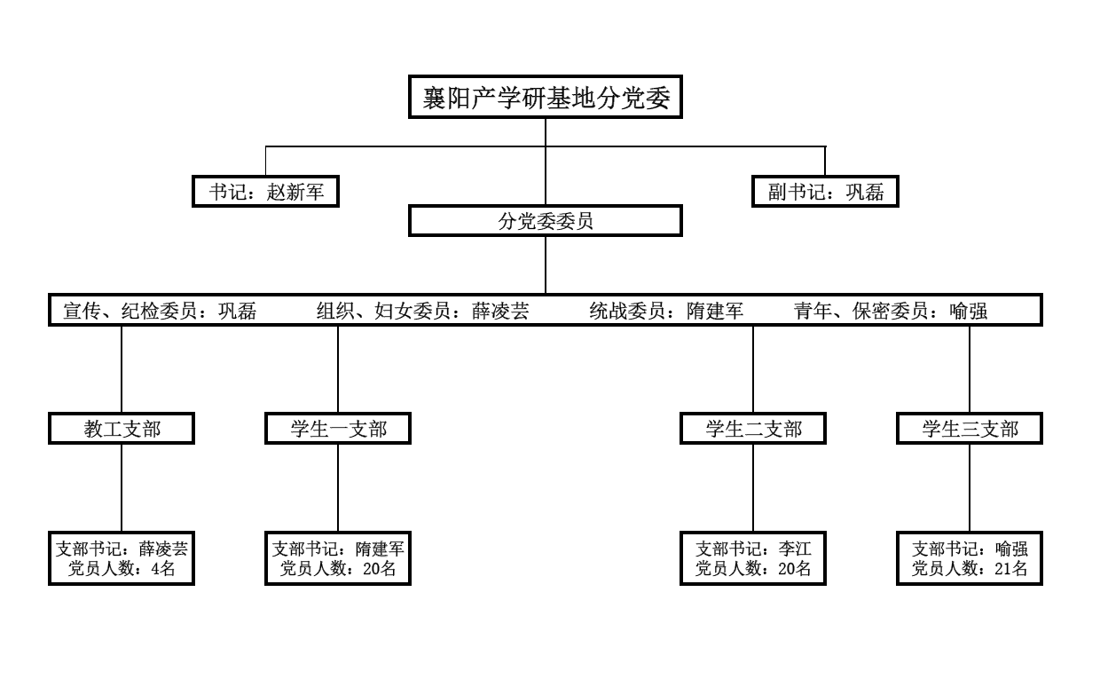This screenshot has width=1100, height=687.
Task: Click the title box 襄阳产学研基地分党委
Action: (x=545, y=98)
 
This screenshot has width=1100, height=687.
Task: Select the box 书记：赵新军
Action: (x=266, y=192)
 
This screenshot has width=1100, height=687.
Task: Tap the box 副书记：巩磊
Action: (x=825, y=192)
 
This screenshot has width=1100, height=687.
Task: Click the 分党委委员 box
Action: (x=545, y=221)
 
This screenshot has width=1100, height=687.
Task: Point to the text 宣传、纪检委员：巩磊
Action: (x=161, y=311)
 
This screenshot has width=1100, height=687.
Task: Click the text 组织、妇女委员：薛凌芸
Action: (x=422, y=311)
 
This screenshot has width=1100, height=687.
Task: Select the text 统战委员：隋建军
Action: (x=665, y=311)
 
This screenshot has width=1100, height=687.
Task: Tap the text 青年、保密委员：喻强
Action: (x=890, y=311)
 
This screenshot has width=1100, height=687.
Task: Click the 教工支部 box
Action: (x=122, y=430)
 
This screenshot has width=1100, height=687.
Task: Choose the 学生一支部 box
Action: (x=338, y=430)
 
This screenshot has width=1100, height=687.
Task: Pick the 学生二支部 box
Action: (x=753, y=430)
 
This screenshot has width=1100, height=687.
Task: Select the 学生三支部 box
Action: (x=970, y=430)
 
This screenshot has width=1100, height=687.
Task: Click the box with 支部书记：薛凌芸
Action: (x=122, y=558)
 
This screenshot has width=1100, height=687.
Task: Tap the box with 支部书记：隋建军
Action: (x=338, y=558)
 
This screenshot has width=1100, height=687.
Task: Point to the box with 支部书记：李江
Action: (x=753, y=558)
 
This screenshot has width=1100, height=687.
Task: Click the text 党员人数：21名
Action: (x=970, y=569)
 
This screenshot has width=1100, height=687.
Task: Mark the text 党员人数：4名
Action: (x=122, y=569)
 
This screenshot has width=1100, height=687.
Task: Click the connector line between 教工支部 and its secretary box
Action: (x=122, y=487)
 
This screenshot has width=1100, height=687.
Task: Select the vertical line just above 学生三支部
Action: (x=970, y=368)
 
